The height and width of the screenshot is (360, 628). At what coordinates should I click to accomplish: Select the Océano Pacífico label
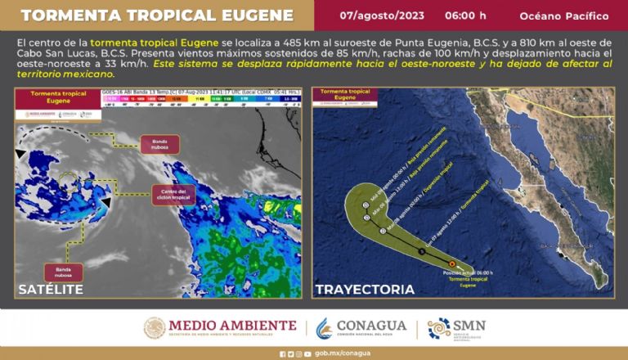(563, 16)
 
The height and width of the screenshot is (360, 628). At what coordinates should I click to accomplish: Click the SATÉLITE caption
(50, 289)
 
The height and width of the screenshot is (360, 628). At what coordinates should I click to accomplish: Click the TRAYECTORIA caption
(364, 289)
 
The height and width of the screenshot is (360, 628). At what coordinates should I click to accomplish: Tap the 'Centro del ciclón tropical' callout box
(171, 194)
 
